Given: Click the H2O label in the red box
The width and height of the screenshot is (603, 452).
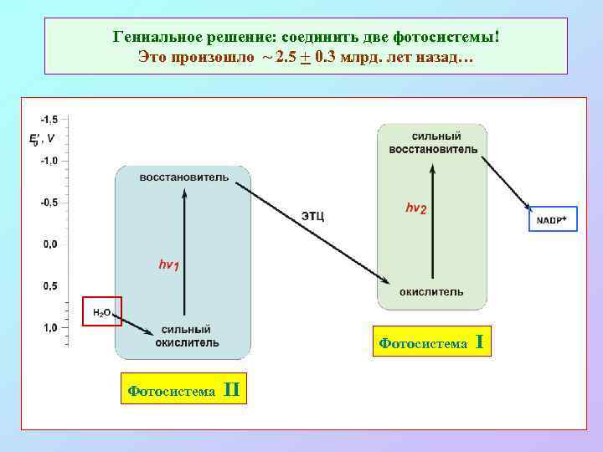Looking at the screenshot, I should point(101,312).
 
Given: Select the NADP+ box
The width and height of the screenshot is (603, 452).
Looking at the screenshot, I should point(552,219).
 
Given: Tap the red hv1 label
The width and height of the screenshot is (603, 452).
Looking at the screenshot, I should point(168,265).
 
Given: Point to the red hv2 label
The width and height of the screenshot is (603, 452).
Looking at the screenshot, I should point(415,208).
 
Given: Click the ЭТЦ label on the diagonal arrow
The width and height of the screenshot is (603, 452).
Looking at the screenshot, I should point(312,216).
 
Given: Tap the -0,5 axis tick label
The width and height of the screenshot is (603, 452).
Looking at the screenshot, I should point(49,203).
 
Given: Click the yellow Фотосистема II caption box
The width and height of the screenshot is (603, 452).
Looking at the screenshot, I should point(183,390).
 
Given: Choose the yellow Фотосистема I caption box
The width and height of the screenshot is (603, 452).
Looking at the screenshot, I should point(431,342).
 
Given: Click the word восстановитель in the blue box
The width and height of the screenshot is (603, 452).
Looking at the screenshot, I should point(183,177).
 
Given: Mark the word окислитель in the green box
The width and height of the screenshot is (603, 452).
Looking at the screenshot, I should point(431,292).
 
